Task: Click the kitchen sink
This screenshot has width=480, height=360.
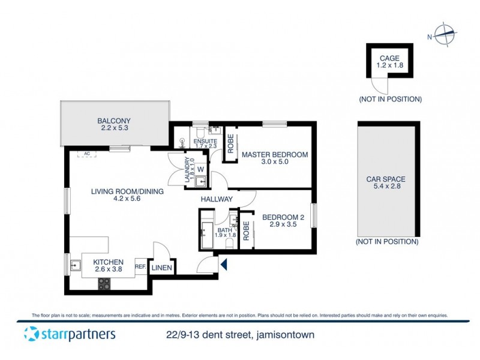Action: tap(76, 266)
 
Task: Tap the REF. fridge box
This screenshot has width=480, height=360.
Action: tap(140, 267)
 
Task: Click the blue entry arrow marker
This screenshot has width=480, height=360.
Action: tap(223, 264)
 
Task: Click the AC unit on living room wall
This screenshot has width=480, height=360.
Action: tap(87, 154)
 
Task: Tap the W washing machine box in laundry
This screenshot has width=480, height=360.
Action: tap(201, 169)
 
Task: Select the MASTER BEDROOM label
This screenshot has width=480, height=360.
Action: tap(275, 155)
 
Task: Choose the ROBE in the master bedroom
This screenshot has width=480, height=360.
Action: tap(229, 144)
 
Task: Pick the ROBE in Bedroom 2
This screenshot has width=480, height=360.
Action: tap(246, 232)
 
